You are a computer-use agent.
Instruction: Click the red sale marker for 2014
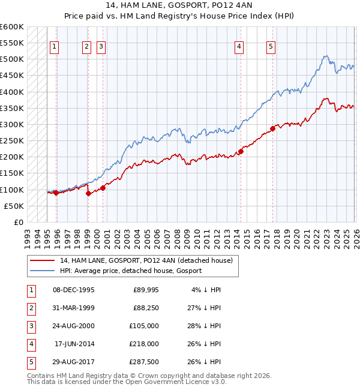(x=241, y=151)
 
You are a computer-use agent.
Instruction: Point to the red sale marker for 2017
(x=272, y=128)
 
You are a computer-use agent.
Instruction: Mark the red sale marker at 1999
(x=88, y=193)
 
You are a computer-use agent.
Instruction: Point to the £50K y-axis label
(x=14, y=206)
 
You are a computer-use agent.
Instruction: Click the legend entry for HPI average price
(x=130, y=271)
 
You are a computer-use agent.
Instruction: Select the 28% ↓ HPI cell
(x=205, y=326)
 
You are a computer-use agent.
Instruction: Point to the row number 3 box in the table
(x=30, y=326)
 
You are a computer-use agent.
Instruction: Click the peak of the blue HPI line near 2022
(x=325, y=56)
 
